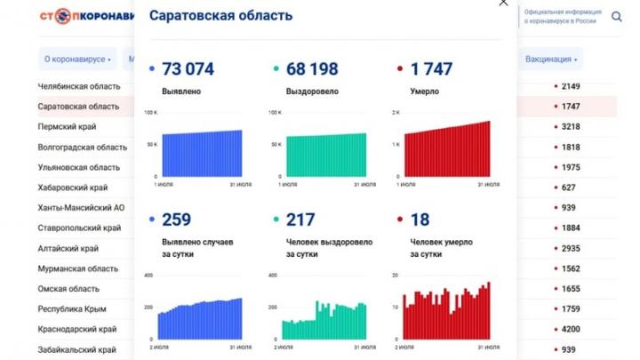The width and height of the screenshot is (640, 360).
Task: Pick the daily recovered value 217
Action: click(300, 220)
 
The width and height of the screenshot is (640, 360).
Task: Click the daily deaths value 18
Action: click(420, 220)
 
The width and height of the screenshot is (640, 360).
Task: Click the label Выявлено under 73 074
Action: click(181, 92)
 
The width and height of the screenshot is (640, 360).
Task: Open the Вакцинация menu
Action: click(551, 60)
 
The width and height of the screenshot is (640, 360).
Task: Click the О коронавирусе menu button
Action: click(77, 60)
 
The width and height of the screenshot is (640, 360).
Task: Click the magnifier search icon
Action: click(618, 16)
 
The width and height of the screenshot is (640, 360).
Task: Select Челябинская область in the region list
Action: click(78, 86)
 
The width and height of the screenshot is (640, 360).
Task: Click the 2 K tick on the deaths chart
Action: click(396, 113)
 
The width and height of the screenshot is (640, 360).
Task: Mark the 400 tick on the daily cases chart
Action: click(148, 276)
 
